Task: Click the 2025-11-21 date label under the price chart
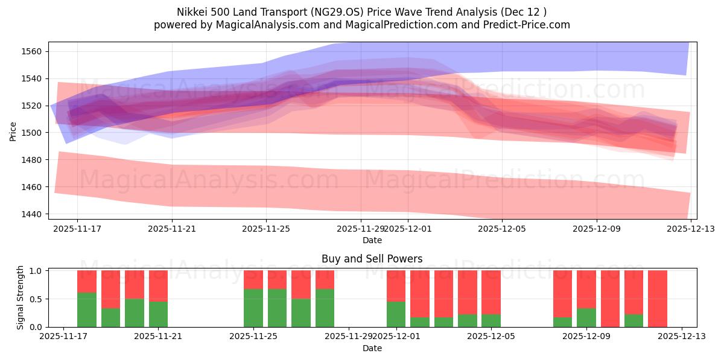point(172,229)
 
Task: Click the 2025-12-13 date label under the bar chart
point(682,337)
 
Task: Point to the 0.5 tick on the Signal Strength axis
point(36,299)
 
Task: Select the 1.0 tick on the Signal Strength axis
point(36,271)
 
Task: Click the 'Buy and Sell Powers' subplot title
point(372,259)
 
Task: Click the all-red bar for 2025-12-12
point(658,299)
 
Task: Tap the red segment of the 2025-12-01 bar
point(396,285)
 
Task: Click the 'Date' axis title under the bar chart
point(372,348)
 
